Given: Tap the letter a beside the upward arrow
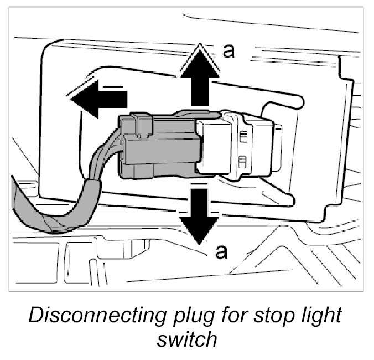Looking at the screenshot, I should [228, 52].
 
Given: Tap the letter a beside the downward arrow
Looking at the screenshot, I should [221, 253].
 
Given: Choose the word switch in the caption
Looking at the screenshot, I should [186, 338].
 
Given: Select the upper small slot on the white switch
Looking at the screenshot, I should [242, 136].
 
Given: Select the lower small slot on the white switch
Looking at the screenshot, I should [242, 161].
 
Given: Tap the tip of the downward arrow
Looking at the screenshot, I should [198, 243].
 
